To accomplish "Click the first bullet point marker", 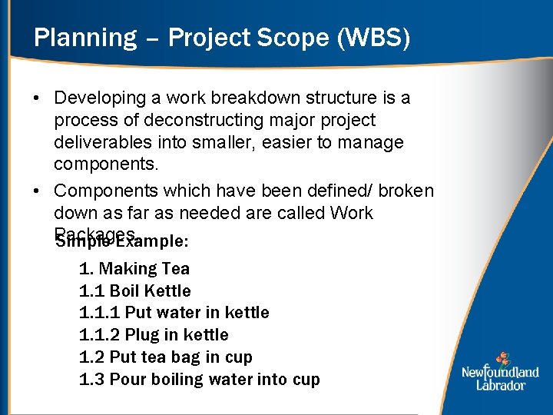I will [36, 98].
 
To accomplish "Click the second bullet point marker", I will [36, 191].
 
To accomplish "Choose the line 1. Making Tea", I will [134, 269].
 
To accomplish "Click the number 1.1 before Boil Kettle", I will [91, 291].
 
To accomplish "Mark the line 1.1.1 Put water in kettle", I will [174, 313].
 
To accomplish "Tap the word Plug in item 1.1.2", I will [141, 335].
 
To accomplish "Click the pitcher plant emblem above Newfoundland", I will [502, 358].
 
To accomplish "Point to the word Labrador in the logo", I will [501, 384].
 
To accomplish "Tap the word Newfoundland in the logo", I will [501, 372].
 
